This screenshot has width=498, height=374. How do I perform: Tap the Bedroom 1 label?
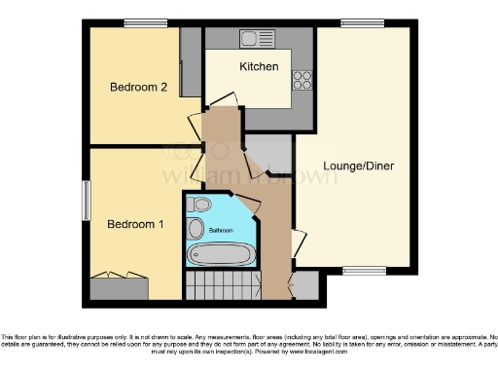134,224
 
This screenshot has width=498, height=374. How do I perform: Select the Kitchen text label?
260,66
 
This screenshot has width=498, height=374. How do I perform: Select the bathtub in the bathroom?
222,255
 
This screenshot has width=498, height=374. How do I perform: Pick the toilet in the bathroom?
200,205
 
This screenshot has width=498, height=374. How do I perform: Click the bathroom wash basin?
196,229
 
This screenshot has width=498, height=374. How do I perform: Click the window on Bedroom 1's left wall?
86,200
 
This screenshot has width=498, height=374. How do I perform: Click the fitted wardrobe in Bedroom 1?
119,287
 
